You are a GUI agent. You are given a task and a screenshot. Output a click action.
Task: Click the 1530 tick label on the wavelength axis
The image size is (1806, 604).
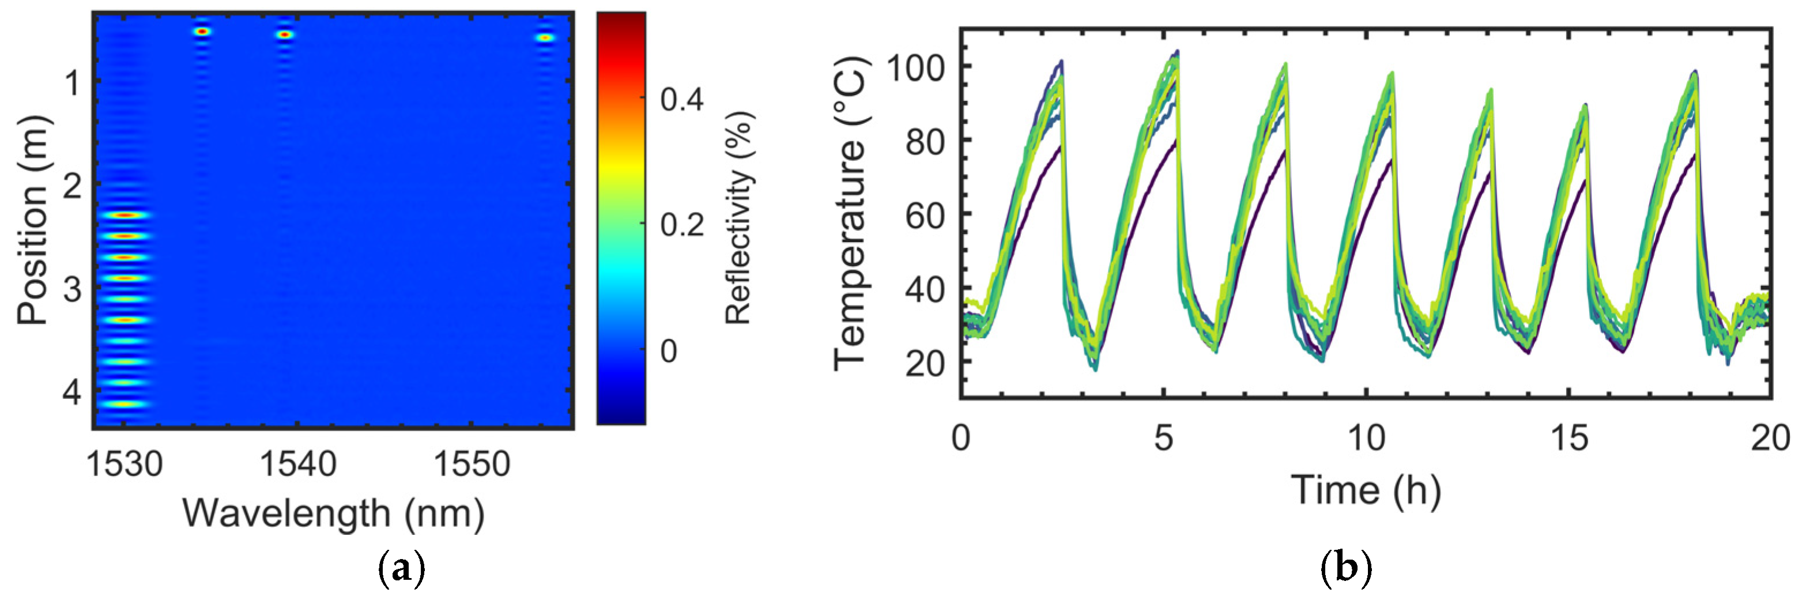pyautogui.click(x=124, y=465)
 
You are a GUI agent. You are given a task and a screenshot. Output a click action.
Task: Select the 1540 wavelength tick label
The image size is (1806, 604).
pyautogui.click(x=298, y=465)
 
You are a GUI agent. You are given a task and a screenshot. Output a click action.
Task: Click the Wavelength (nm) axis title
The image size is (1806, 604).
pyautogui.click(x=333, y=513)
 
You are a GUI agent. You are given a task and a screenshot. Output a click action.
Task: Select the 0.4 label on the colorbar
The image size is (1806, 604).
pyautogui.click(x=681, y=100)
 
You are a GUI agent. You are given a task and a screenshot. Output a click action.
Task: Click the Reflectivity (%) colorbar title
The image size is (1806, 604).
pyautogui.click(x=737, y=218)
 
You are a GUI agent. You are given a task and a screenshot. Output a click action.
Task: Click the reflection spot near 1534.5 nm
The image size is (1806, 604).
pyautogui.click(x=202, y=32)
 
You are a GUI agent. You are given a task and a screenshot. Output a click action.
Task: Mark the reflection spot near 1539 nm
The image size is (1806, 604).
pyautogui.click(x=284, y=35)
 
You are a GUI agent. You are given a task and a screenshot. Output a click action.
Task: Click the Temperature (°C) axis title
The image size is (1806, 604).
pyautogui.click(x=850, y=214)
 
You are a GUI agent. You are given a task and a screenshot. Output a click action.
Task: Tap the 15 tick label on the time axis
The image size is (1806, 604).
pyautogui.click(x=1569, y=439)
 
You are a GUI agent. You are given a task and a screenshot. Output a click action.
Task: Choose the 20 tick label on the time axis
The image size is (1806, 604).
pyautogui.click(x=1770, y=439)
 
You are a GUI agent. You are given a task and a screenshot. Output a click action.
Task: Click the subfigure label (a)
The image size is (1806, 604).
pyautogui.click(x=401, y=568)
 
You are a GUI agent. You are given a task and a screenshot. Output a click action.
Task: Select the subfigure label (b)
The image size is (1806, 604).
pyautogui.click(x=1345, y=568)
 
